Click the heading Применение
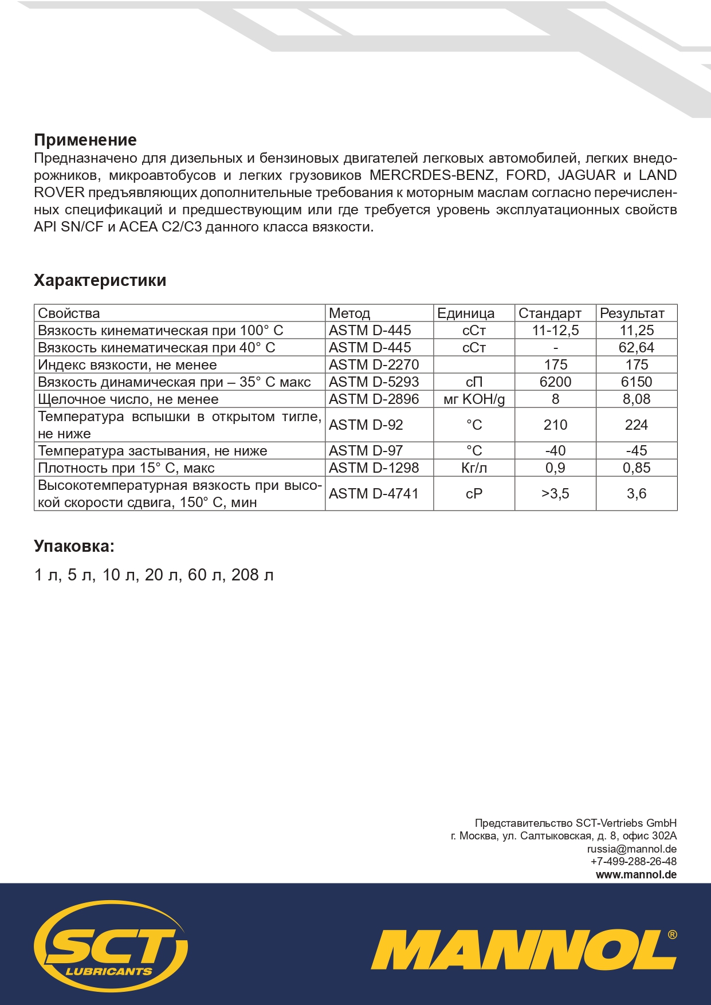pyautogui.click(x=85, y=140)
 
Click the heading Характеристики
pyautogui.click(x=100, y=280)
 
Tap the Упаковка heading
pyautogui.click(x=74, y=546)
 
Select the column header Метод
pyautogui.click(x=349, y=313)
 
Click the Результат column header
pyautogui.click(x=632, y=313)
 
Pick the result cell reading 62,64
pyautogui.click(x=636, y=348)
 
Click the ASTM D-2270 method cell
pyautogui.click(x=374, y=365)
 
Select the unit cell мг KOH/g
pyautogui.click(x=474, y=399)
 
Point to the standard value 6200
pyautogui.click(x=555, y=382)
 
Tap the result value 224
pyautogui.click(x=636, y=425)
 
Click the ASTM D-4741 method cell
pyautogui.click(x=374, y=494)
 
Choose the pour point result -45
pyautogui.click(x=636, y=451)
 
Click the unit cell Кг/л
pyautogui.click(x=474, y=468)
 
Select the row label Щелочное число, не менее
pyautogui.click(x=128, y=399)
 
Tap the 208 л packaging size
pyautogui.click(x=252, y=575)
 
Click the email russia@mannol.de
pyautogui.click(x=631, y=849)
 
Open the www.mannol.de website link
pyautogui.click(x=636, y=875)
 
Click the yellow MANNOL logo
pyautogui.click(x=523, y=951)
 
